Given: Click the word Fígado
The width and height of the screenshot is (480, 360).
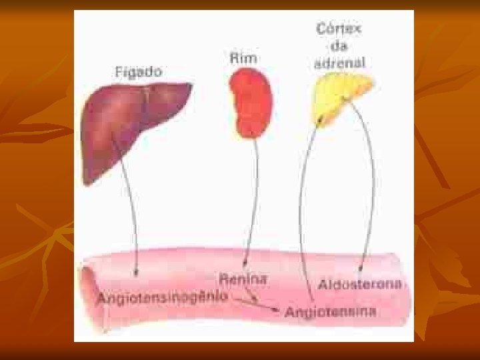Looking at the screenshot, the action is [139, 71].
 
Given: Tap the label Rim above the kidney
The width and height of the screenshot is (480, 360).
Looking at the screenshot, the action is [243, 58].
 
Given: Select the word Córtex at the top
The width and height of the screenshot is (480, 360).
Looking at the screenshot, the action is [339, 29].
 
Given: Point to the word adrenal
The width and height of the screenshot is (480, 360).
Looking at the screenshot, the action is [339, 63].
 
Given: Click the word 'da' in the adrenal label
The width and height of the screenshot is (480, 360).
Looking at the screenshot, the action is [339, 46].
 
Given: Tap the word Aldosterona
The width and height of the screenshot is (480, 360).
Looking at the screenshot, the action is [360, 284].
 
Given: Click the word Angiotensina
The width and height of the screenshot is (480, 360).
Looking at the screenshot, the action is [330, 311].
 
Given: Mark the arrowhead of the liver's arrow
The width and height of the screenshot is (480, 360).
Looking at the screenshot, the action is [135, 271].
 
